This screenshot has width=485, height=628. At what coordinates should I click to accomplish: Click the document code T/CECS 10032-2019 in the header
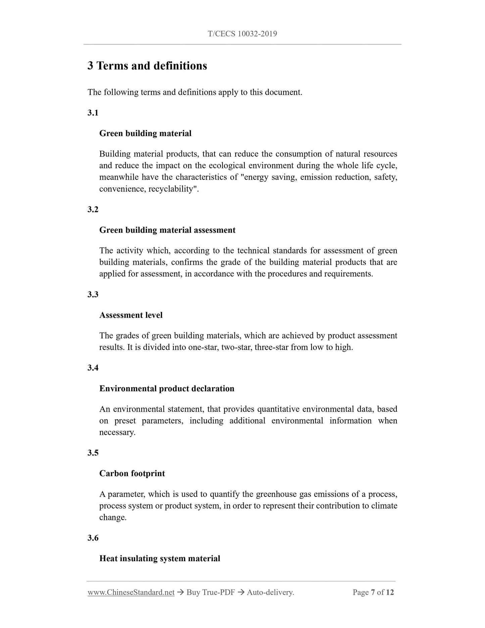(x=242, y=34)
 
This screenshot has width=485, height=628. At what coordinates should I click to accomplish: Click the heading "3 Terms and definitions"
(x=147, y=66)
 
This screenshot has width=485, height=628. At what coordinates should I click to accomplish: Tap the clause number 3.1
(x=93, y=113)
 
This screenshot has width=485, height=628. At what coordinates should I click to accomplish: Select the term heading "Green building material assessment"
(x=167, y=230)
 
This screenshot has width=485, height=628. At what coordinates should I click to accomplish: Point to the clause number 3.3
(x=93, y=295)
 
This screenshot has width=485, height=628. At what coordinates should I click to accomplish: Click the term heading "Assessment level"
(x=131, y=315)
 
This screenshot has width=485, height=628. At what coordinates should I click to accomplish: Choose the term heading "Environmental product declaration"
(x=167, y=389)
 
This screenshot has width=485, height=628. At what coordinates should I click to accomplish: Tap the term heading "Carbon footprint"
(x=132, y=474)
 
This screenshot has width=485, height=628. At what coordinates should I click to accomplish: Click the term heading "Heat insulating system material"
(x=160, y=558)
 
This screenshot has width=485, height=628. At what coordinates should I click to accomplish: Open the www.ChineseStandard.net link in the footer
(x=131, y=592)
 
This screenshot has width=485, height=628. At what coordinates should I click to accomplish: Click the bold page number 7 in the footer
(x=373, y=592)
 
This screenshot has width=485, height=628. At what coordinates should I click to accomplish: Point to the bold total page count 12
(x=390, y=592)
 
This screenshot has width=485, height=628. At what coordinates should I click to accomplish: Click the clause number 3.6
(x=93, y=538)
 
